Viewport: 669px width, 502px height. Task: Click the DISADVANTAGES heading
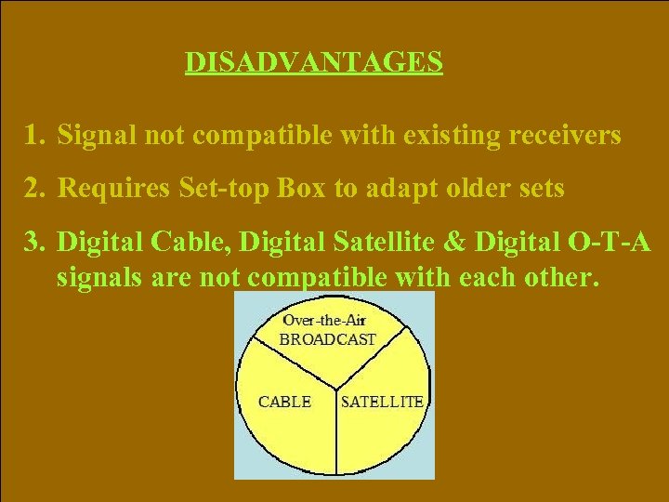[x=313, y=62]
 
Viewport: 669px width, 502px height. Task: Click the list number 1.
[x=34, y=137]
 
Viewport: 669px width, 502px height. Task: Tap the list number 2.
[x=35, y=189]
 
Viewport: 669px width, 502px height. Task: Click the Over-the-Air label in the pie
[x=325, y=322]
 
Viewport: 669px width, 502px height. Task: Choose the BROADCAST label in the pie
[x=327, y=339]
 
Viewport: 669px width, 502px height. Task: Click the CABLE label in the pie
[x=284, y=402]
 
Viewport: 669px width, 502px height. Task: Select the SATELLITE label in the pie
[x=382, y=402]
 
